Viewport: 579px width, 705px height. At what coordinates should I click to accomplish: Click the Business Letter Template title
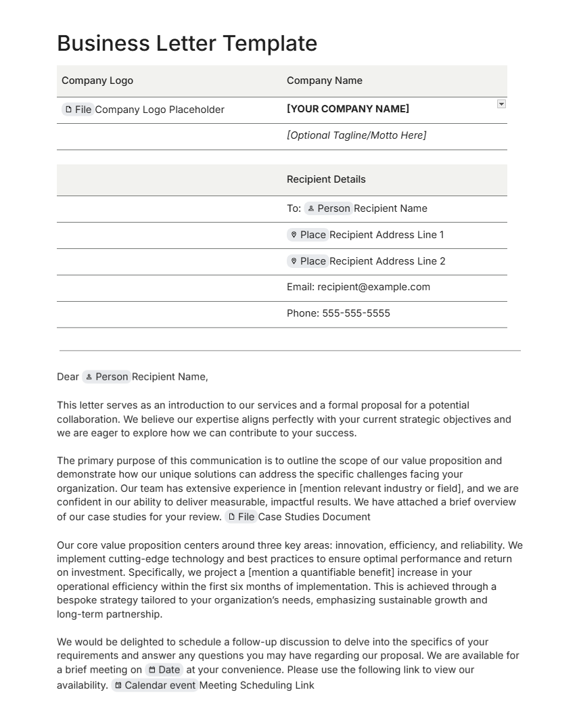point(187,43)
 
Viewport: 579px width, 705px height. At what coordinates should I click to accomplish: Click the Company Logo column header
point(97,81)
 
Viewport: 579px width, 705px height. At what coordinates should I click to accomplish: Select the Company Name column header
point(324,81)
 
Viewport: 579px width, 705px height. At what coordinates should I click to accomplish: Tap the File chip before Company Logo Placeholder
point(78,110)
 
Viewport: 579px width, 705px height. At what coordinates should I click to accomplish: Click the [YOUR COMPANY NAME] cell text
point(348,109)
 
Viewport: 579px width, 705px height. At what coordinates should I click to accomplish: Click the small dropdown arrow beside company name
point(501,104)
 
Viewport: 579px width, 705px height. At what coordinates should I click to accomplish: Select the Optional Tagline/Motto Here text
point(356,135)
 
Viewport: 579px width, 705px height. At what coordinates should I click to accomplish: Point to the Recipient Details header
point(326,179)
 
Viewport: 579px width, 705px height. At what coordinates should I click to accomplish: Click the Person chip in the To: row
point(328,208)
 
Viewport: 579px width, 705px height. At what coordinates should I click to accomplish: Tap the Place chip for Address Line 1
point(308,235)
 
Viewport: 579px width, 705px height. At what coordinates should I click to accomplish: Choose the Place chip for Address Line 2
point(308,261)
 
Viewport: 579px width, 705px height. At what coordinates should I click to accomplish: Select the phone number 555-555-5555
point(356,313)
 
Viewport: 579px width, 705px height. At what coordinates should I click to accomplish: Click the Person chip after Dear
point(106,377)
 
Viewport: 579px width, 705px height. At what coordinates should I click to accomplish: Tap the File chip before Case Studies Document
point(241,517)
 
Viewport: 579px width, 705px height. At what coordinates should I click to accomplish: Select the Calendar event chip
point(155,685)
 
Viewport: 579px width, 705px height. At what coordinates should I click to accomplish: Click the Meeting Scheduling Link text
point(257,685)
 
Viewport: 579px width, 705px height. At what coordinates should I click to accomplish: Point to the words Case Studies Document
point(315,517)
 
